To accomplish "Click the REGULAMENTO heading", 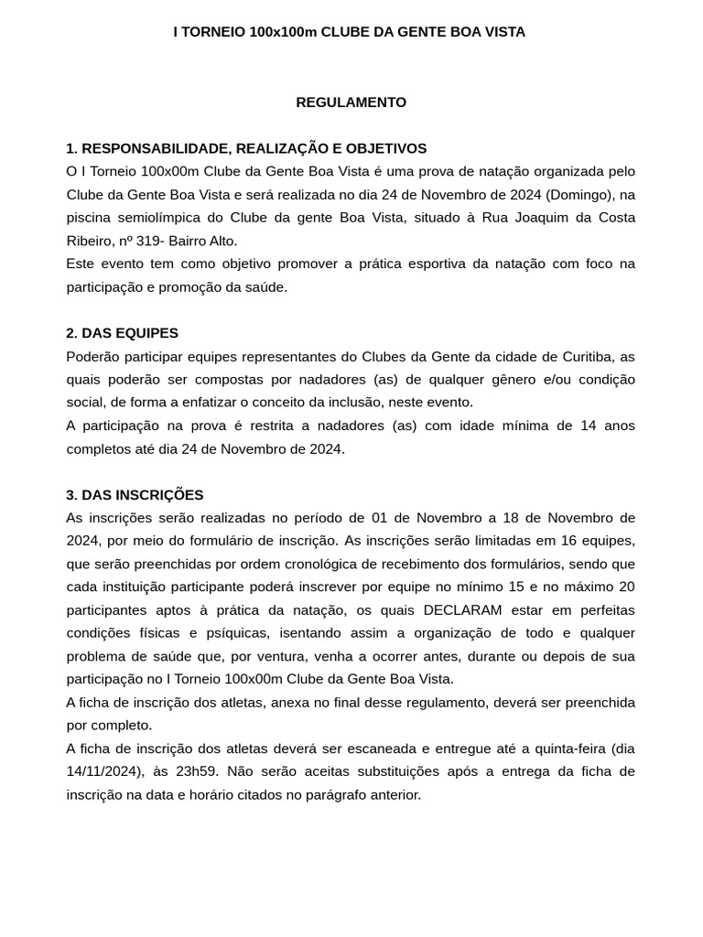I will [351, 102].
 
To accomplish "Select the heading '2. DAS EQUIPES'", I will [122, 333].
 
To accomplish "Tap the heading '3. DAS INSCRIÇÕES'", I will [135, 495].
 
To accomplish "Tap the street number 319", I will [147, 241].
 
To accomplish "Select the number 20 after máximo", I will [627, 587].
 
